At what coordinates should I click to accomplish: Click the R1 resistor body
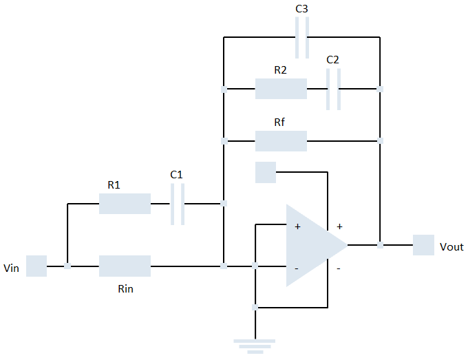coord(125,204)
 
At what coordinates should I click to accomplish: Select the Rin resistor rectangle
coord(125,266)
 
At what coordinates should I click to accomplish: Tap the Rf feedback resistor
coord(281,141)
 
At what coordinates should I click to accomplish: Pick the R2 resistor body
coord(281,89)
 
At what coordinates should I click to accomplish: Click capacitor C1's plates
coord(178,204)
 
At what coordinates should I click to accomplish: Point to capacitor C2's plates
coord(333,89)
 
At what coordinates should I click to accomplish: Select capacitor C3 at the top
coord(301,37)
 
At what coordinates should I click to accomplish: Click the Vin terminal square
coord(36,266)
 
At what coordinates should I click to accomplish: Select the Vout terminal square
coord(423,245)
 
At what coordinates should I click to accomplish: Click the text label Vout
coord(451,246)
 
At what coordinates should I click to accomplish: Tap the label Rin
coord(125,289)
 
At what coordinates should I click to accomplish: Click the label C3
coord(301,9)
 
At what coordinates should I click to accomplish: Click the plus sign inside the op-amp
coord(297,226)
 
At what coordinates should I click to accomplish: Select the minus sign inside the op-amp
coord(297,268)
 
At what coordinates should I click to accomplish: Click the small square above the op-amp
coord(265,172)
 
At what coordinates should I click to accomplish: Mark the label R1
coord(114,184)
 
